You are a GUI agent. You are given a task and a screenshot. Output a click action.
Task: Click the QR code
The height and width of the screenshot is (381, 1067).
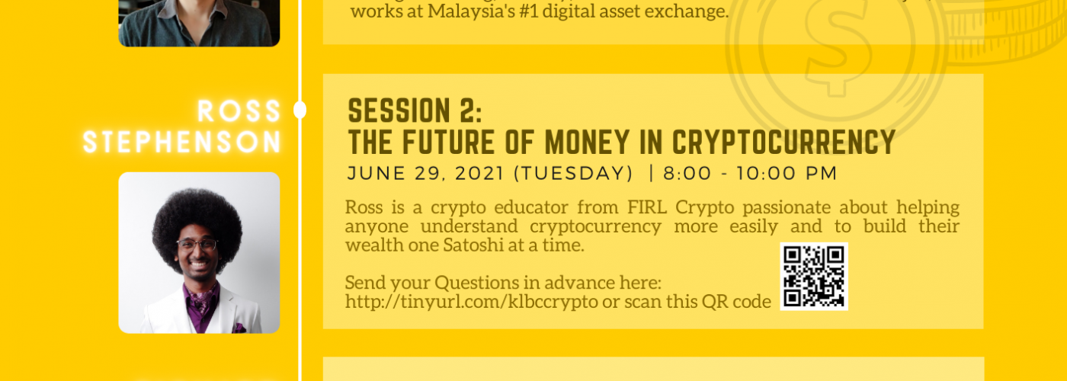click(x=814, y=276)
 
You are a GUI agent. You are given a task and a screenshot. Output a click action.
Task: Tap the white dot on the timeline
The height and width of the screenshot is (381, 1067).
click(x=300, y=110)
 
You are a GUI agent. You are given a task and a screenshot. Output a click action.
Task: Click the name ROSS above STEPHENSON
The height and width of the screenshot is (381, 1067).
click(x=239, y=111)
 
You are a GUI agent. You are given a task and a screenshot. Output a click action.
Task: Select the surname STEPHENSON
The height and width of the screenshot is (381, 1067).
click(x=182, y=142)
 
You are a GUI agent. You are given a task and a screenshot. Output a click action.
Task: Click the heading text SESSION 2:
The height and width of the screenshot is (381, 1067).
click(x=415, y=111)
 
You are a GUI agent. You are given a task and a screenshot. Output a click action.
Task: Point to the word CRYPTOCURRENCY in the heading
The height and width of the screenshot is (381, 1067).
click(x=783, y=142)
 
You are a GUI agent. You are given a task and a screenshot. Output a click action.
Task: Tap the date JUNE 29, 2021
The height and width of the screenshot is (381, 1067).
click(x=425, y=174)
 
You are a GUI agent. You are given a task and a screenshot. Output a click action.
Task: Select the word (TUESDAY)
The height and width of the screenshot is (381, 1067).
click(x=573, y=174)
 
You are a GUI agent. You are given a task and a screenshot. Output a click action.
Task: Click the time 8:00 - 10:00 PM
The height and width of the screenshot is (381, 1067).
click(x=750, y=174)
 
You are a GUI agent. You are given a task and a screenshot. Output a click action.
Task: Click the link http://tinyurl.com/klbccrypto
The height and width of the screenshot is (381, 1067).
click(x=472, y=302)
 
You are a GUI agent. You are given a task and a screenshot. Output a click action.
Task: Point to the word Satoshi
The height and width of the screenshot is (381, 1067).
click(x=473, y=245)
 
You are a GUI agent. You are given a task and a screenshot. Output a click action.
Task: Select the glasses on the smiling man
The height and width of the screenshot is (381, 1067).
click(x=197, y=245)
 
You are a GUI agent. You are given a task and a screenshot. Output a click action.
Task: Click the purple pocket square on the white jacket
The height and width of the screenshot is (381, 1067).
click(x=239, y=328)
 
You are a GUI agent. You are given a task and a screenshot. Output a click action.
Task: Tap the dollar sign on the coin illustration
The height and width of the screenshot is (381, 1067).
click(x=838, y=45)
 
